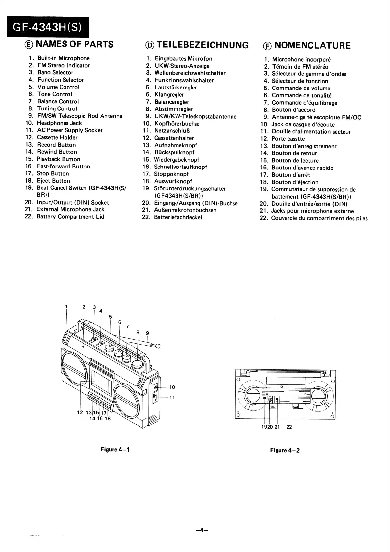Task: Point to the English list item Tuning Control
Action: (x=57, y=108)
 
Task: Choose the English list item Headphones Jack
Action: (x=59, y=123)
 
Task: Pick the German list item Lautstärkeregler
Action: (x=176, y=88)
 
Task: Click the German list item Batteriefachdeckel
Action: (x=178, y=217)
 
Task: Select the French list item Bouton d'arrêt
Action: (x=291, y=175)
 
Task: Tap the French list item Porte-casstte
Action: (x=288, y=139)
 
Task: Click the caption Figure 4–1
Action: (x=115, y=449)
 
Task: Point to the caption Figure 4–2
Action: (x=285, y=450)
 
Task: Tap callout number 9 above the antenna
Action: (x=147, y=333)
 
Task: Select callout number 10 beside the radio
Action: (x=172, y=387)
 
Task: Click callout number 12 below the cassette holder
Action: (x=80, y=412)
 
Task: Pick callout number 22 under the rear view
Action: (x=289, y=427)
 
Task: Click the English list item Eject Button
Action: (x=53, y=181)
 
